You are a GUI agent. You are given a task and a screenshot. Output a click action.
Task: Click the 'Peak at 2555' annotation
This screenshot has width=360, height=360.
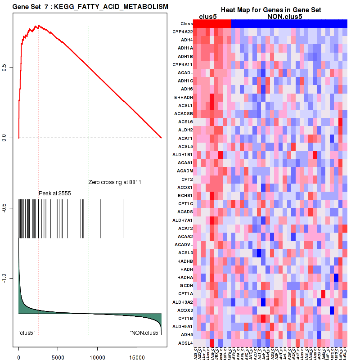[x=55, y=193]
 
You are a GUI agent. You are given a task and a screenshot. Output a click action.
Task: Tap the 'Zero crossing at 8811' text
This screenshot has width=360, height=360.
[x=114, y=182]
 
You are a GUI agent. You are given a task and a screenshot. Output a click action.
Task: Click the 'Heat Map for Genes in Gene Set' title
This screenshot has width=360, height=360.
[x=264, y=10]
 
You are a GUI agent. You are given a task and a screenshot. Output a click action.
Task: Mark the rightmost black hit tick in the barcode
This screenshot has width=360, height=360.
[x=124, y=218]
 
